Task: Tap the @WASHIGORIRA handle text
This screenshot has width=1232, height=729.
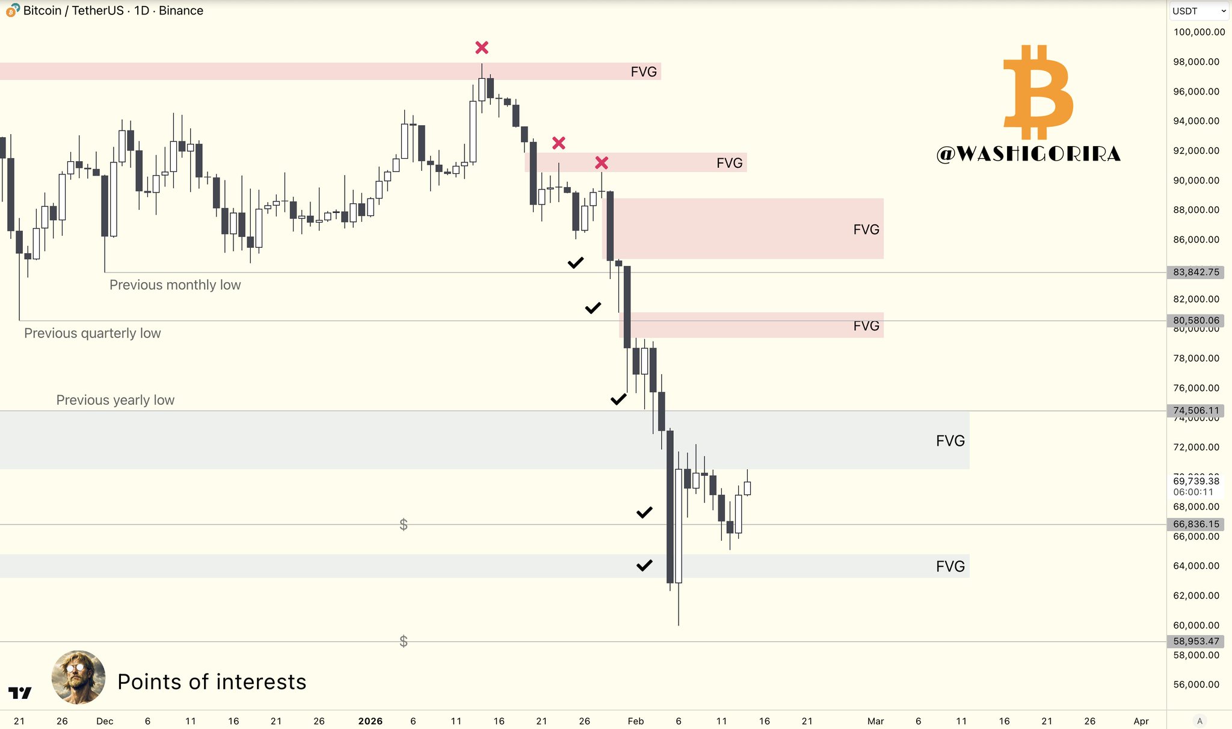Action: tap(1029, 154)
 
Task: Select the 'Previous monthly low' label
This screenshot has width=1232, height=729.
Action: tap(175, 285)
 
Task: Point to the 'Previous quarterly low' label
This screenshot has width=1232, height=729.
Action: tap(93, 333)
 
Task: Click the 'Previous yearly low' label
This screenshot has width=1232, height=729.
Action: tap(115, 400)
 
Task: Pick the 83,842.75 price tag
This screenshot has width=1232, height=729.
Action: tap(1196, 272)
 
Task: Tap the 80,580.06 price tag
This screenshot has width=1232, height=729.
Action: tap(1196, 321)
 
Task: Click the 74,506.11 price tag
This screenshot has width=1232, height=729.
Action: tap(1196, 411)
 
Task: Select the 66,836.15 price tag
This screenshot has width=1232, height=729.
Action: tap(1196, 524)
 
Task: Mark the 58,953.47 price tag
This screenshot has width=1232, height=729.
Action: tap(1196, 642)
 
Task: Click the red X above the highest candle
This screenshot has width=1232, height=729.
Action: tap(482, 48)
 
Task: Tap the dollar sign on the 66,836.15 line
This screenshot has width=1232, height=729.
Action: tap(404, 525)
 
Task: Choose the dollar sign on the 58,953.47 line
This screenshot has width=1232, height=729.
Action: tap(404, 642)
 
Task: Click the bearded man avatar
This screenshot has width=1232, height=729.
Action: tap(78, 677)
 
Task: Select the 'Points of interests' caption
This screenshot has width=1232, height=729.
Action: tap(212, 682)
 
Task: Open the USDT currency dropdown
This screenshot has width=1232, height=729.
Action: tap(1198, 11)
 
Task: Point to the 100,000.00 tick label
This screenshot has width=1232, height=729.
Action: tap(1199, 32)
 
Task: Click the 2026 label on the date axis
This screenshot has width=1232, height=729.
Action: tap(370, 721)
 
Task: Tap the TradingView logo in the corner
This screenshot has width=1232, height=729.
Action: tap(20, 694)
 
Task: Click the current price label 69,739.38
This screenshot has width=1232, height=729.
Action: tap(1196, 481)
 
